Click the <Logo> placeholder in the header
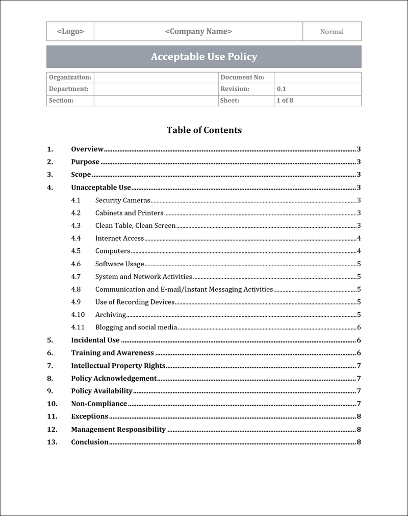point(70,31)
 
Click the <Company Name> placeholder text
point(198,31)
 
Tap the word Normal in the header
point(331,32)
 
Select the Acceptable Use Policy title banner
point(204,57)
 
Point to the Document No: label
point(242,77)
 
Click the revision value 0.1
point(282,89)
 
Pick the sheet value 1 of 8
point(285,100)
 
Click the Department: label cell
point(69,89)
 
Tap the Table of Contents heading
point(204,130)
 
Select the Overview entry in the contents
point(87,149)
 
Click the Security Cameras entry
point(122,200)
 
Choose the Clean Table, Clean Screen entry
point(135,225)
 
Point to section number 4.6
point(76,264)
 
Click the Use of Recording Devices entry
point(135,302)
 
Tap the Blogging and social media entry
point(136,327)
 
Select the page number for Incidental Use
point(359,340)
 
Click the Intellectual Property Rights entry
point(118,365)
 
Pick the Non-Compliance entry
point(99,404)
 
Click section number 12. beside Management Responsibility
point(52,429)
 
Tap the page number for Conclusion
point(359,442)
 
